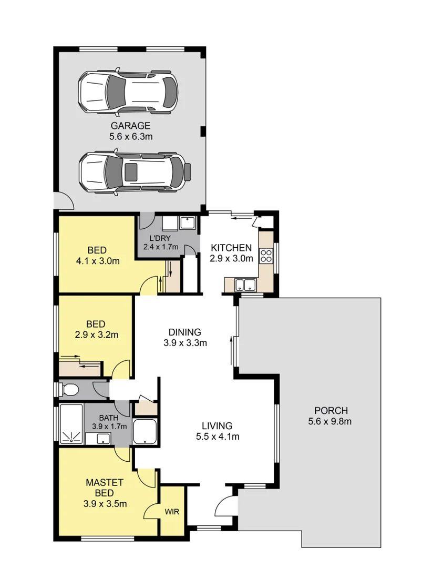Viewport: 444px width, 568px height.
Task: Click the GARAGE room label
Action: tap(130, 126)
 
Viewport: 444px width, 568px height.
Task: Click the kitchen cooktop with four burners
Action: tap(266, 256)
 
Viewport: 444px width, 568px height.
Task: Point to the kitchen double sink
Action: tap(245, 286)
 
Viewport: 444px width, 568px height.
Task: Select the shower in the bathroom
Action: tap(70, 424)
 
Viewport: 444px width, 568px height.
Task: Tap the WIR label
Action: tap(172, 511)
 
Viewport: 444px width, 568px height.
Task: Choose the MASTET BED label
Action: tap(105, 487)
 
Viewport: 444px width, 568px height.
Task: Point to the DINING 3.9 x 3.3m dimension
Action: tap(184, 343)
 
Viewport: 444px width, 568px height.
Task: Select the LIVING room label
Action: tap(218, 425)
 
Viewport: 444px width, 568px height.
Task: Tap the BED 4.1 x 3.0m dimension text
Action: tap(97, 260)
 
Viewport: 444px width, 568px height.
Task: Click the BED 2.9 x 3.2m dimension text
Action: tap(96, 334)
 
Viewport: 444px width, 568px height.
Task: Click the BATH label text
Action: tap(101, 419)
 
